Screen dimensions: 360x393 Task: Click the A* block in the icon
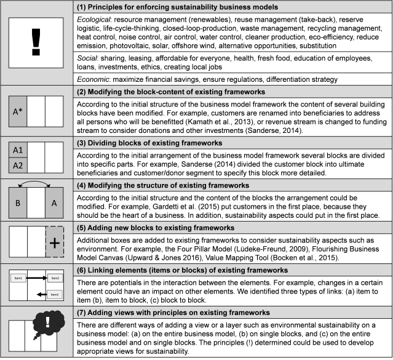pos(18,111)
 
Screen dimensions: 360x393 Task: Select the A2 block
pos(18,166)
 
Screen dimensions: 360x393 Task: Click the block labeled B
pos(18,204)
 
